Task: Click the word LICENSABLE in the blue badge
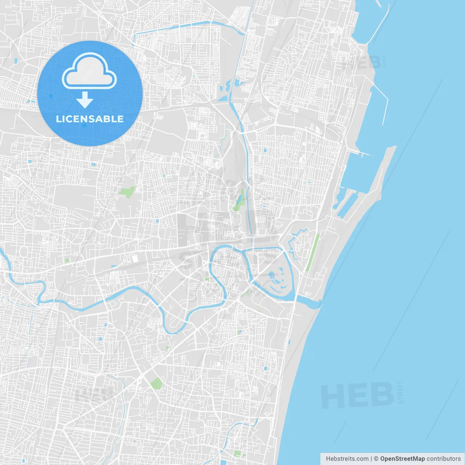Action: coord(90,119)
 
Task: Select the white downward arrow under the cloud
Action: coord(85,100)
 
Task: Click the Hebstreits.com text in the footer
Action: coord(347,459)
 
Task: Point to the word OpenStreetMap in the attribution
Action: coord(402,459)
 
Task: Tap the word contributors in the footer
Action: coord(444,459)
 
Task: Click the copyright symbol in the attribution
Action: coord(376,459)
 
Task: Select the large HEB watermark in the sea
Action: coord(357,396)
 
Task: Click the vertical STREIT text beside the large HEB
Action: coord(400,392)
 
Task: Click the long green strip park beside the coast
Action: coord(312,252)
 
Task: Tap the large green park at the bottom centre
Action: coord(156,383)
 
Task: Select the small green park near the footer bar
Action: coord(238,453)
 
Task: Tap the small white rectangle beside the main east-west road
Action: coord(135,259)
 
